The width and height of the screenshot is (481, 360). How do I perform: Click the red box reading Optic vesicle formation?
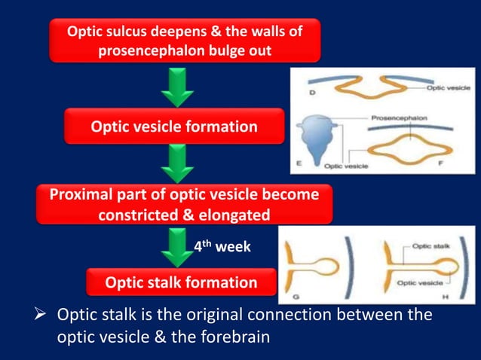[x=174, y=127]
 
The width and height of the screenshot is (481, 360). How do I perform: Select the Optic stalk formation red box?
[x=181, y=282]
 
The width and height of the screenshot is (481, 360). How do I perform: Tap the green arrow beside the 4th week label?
[x=178, y=246]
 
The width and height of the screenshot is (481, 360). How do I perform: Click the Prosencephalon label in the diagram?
[x=400, y=118]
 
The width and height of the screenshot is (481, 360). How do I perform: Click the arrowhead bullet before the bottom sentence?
[x=44, y=314]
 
